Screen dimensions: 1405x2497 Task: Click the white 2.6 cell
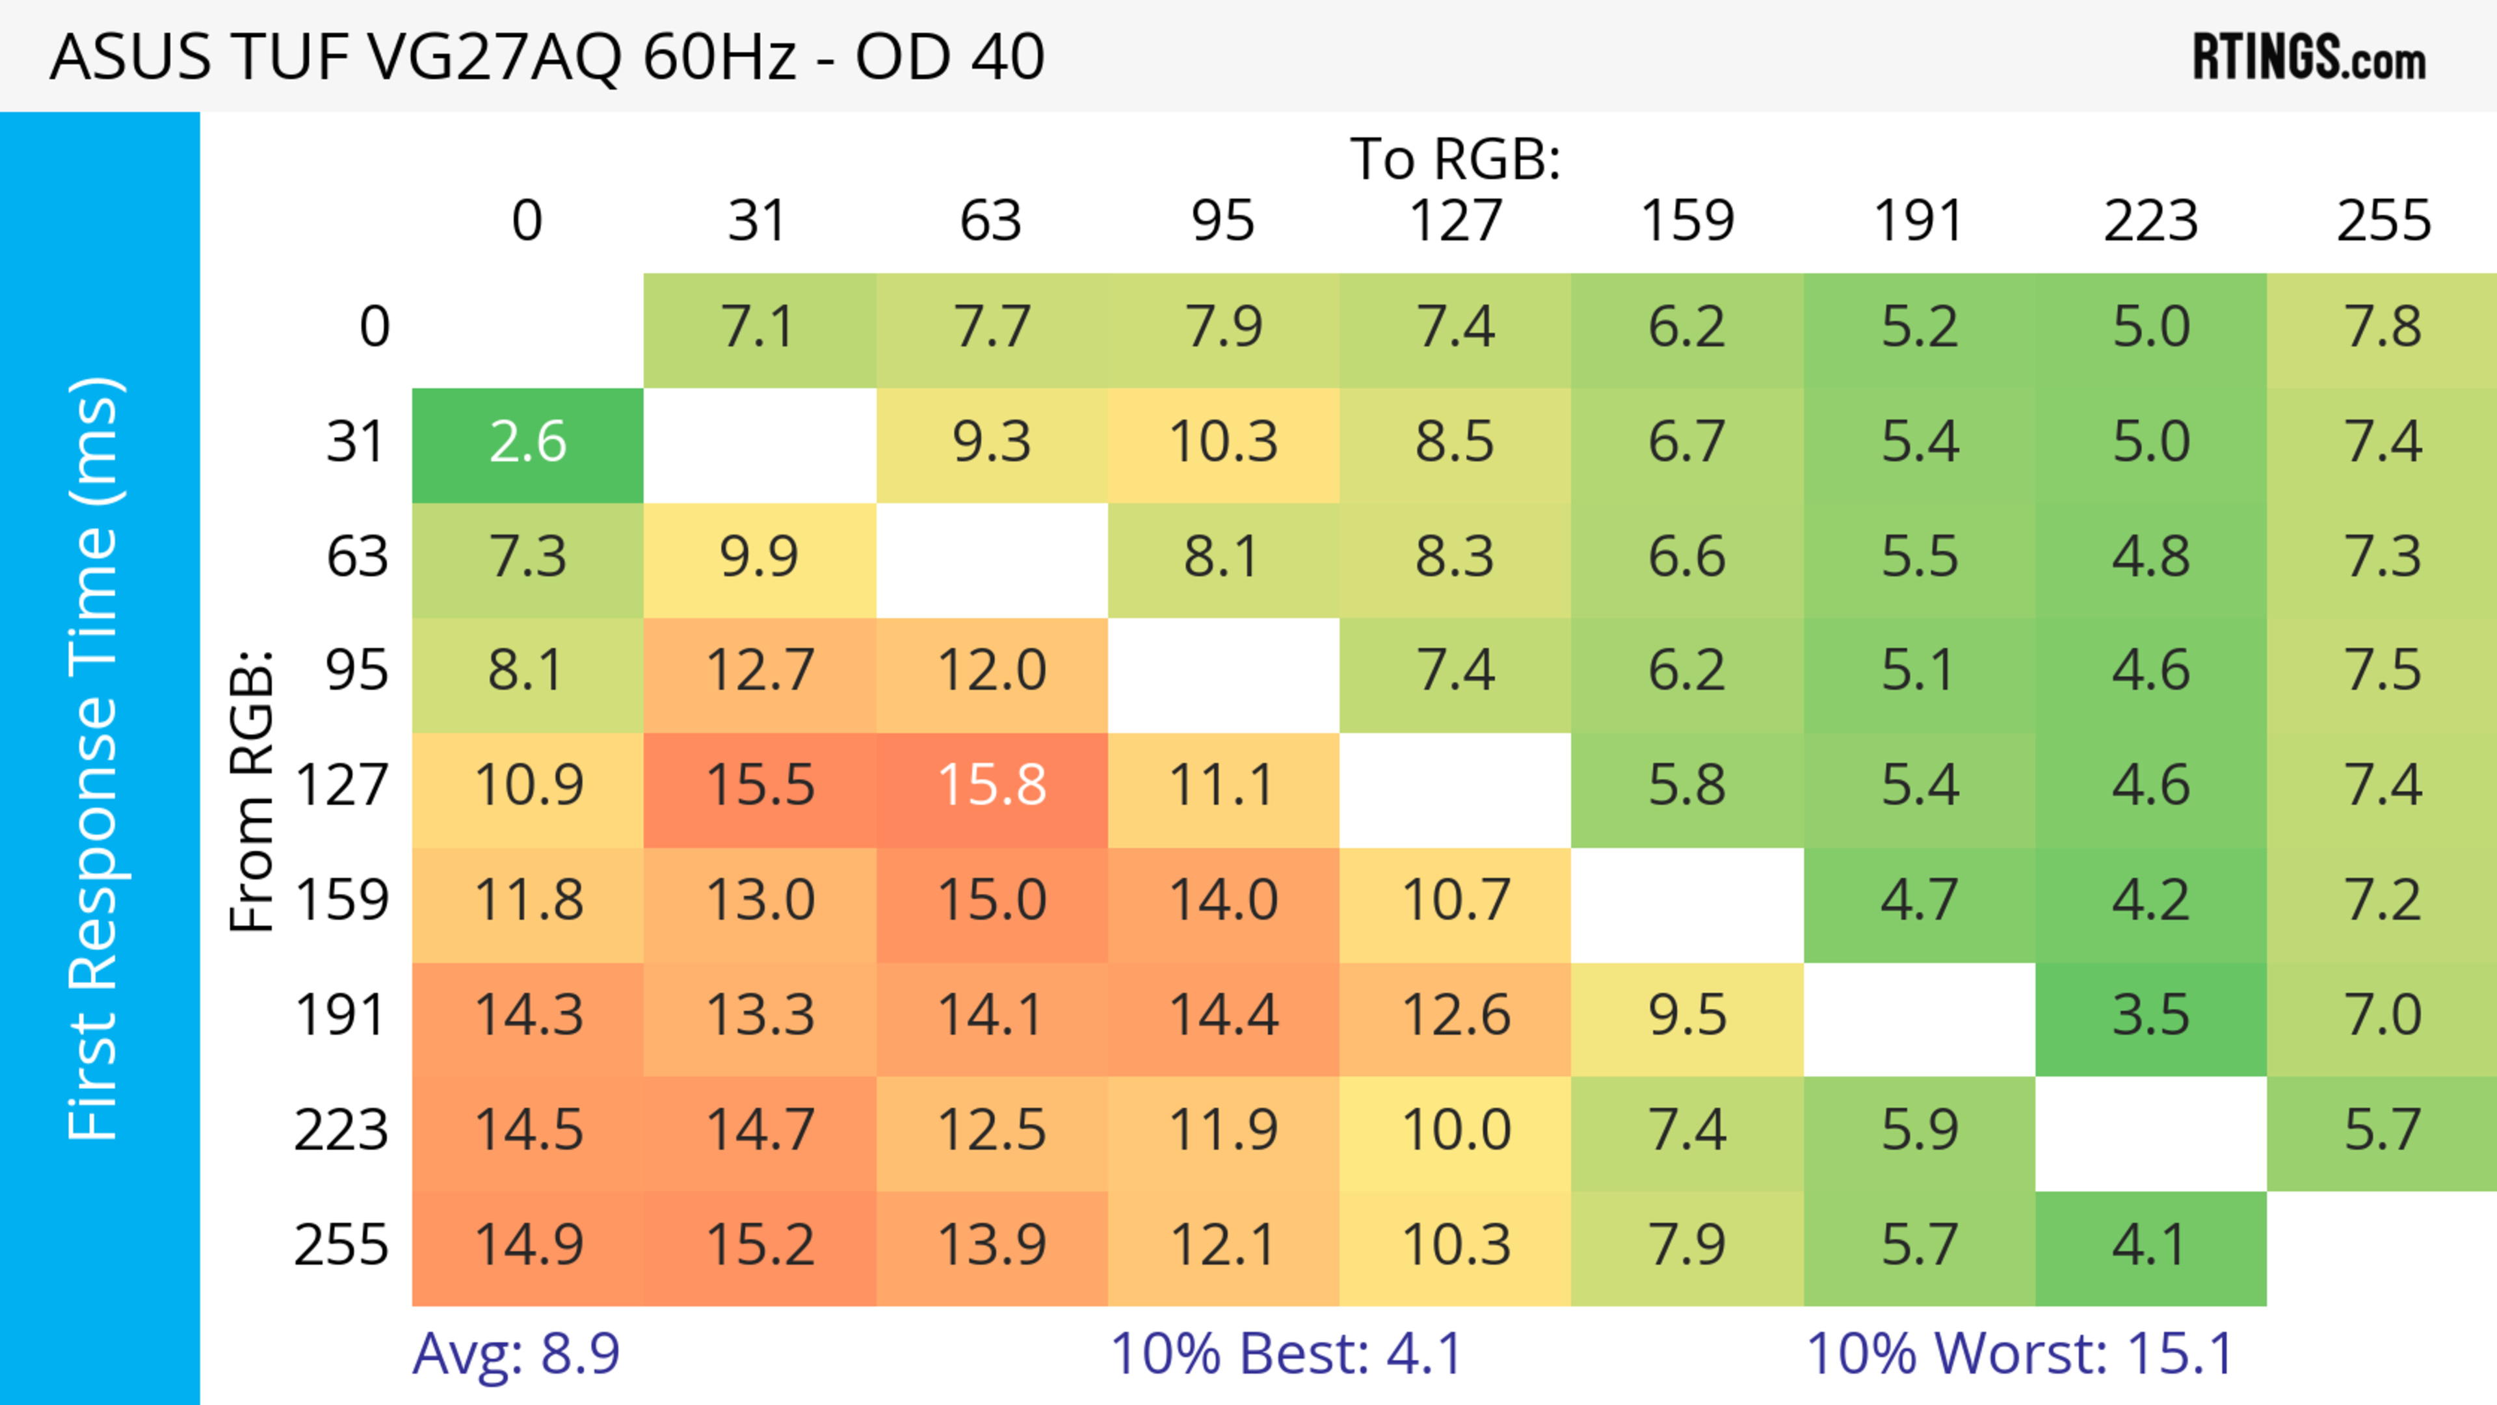pos(527,443)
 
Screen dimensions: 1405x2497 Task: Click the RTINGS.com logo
pos(2309,57)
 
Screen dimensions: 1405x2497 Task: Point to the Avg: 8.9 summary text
pos(516,1354)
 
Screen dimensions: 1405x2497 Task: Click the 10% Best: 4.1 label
pos(1286,1354)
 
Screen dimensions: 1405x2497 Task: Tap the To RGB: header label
pos(1455,158)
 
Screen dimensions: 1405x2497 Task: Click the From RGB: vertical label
pos(251,790)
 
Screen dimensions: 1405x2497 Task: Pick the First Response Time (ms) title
pos(94,759)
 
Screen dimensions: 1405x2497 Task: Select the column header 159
pos(1687,221)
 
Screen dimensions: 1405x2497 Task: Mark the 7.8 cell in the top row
pos(2383,328)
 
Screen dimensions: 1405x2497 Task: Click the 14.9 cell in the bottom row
pos(528,1245)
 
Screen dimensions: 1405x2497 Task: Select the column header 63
pos(990,221)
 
